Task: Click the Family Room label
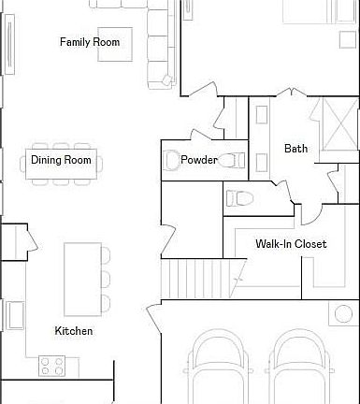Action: pos(90,42)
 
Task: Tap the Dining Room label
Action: pos(61,160)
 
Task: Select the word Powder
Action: pos(199,160)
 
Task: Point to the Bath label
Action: pos(295,148)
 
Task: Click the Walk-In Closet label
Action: pos(291,244)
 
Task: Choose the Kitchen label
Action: pos(73,331)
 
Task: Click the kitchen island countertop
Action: pos(81,278)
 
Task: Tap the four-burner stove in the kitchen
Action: pos(51,365)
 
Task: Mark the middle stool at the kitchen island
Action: pos(106,279)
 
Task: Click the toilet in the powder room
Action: pos(173,161)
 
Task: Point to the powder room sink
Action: pos(233,160)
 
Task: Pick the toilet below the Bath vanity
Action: pos(240,197)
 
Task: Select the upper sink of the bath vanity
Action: pos(262,119)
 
